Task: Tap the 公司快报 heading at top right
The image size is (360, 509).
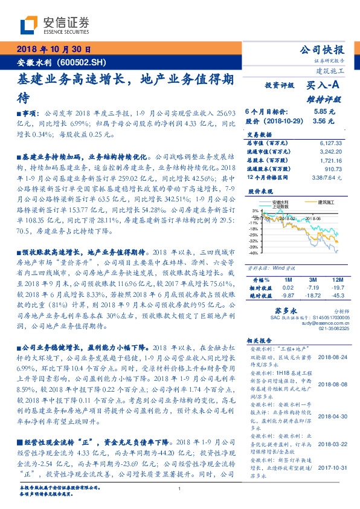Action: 322,50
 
